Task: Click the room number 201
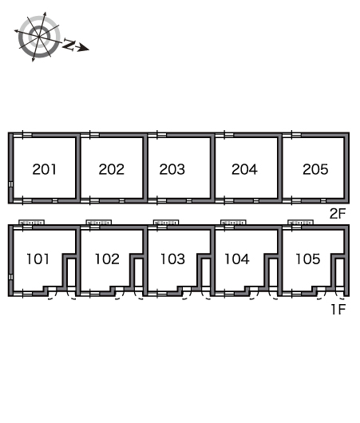click(x=45, y=169)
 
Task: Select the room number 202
click(x=112, y=169)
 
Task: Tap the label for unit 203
click(x=172, y=169)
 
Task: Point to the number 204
click(x=244, y=169)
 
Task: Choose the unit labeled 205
click(x=315, y=169)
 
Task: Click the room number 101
click(x=38, y=259)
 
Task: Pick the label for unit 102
click(x=107, y=259)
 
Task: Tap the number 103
click(x=172, y=259)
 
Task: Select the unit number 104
click(x=237, y=259)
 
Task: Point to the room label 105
click(x=308, y=259)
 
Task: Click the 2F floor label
click(x=338, y=214)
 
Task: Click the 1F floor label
click(x=338, y=310)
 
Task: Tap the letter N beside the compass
click(x=69, y=44)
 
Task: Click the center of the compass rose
click(x=39, y=37)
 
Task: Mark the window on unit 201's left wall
click(x=11, y=184)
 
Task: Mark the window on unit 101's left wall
click(x=11, y=277)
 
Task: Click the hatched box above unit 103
click(x=166, y=223)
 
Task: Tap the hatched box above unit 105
click(x=300, y=223)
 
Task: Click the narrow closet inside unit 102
click(x=139, y=272)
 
